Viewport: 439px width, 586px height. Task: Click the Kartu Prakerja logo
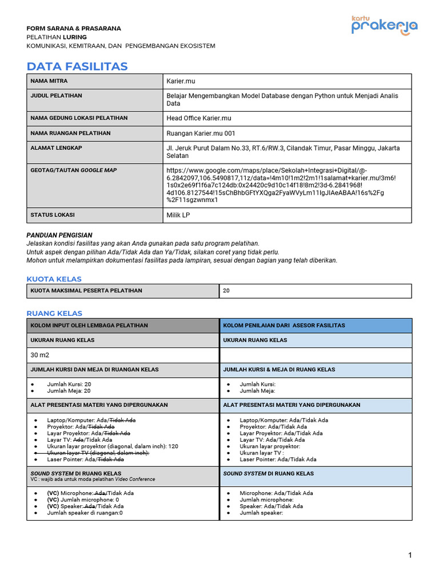coord(384,26)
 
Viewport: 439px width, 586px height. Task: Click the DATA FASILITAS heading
coord(77,66)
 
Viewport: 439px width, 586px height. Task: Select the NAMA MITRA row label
coord(49,81)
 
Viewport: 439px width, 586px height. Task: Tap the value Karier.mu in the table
coord(181,81)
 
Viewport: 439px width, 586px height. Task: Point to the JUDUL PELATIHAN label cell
coord(56,96)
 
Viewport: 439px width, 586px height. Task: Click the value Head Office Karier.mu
coord(198,118)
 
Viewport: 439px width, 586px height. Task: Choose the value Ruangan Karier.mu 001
coord(201,133)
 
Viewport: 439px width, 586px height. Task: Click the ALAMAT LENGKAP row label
coord(56,148)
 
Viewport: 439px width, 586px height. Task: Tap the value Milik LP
coord(178,215)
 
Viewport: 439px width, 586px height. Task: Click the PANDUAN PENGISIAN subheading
coord(59,235)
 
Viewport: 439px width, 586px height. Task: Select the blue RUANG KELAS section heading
coord(54,313)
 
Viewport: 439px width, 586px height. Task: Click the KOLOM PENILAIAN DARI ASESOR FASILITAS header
coord(284,326)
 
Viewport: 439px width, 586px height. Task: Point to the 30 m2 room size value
coord(40,355)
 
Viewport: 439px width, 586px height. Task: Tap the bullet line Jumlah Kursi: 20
coord(69,385)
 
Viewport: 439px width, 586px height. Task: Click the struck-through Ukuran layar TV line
coord(98,453)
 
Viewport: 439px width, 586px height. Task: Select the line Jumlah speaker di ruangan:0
coord(85,513)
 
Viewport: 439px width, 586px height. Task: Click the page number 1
coord(410,555)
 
